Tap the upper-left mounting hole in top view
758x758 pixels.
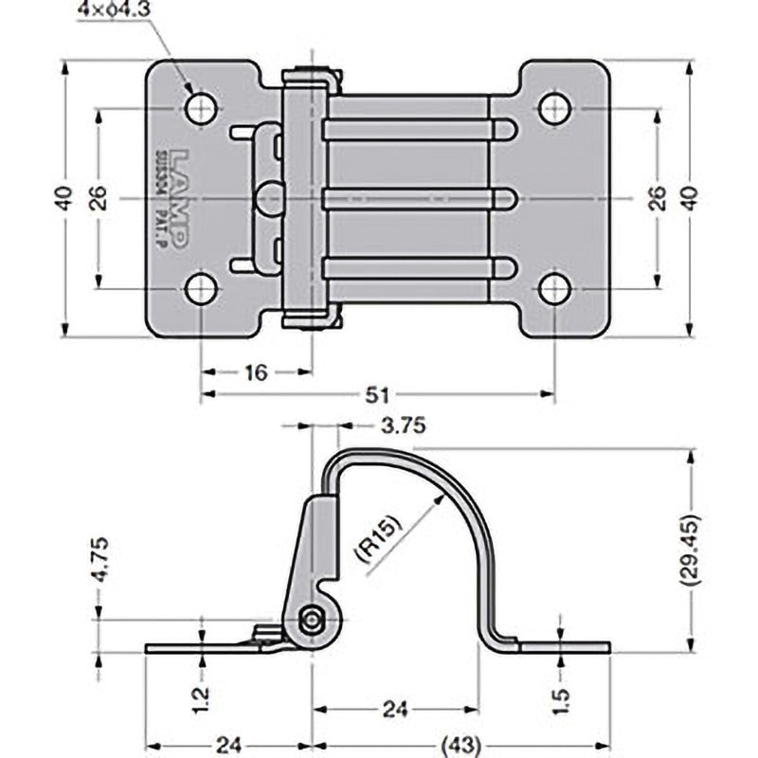(x=201, y=109)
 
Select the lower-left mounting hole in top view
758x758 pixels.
(x=201, y=289)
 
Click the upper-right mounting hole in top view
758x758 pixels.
(x=555, y=109)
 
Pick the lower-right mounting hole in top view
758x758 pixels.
(x=555, y=289)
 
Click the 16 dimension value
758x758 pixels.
(x=256, y=372)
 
